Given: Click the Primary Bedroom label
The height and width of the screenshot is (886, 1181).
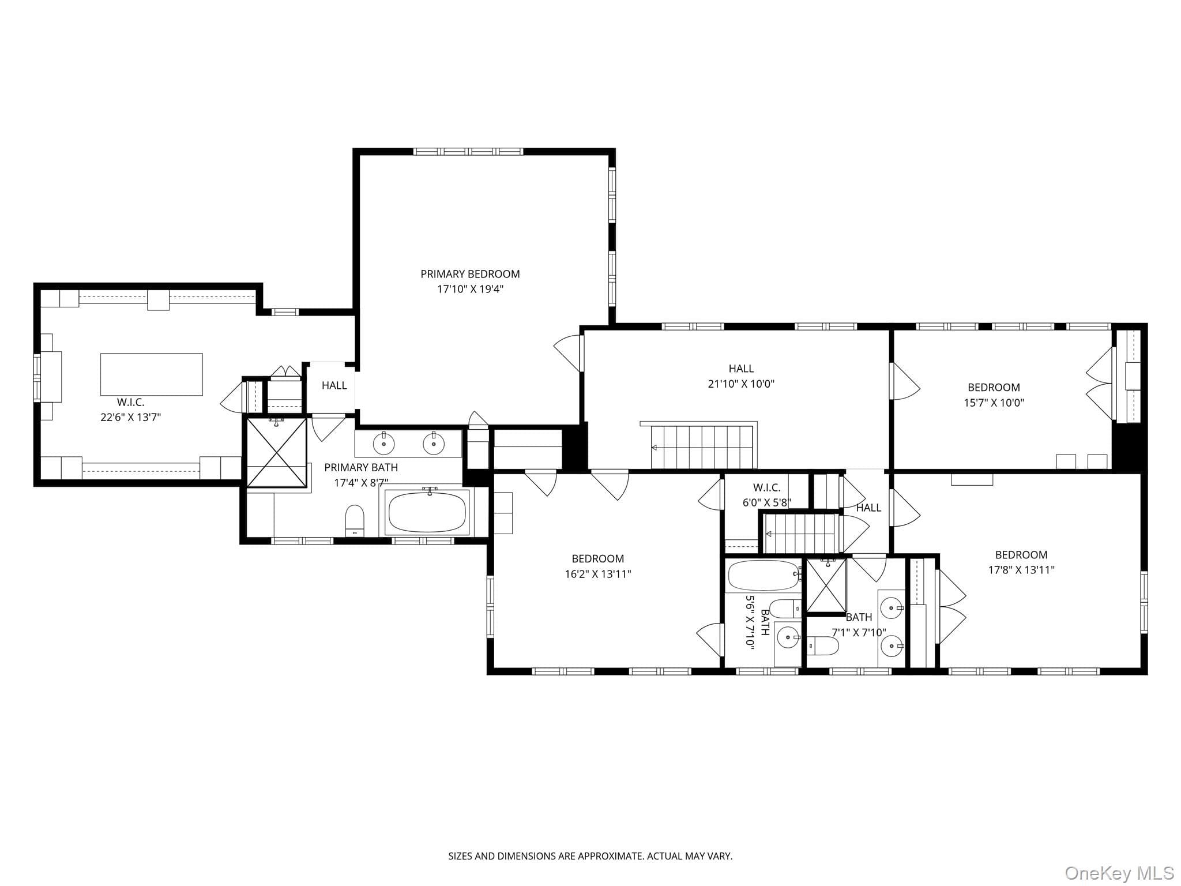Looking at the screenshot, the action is [470, 274].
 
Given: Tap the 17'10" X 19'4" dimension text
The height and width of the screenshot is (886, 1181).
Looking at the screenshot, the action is [470, 289].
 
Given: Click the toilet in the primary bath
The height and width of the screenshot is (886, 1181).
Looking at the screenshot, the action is [355, 520].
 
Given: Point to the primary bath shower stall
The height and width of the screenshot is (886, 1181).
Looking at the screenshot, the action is [276, 453].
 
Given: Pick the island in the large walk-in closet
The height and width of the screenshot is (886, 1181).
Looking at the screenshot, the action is [152, 374].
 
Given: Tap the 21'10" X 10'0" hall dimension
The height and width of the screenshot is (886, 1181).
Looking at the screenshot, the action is [741, 384].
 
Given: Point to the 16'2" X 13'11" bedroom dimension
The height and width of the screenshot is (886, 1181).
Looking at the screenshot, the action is [598, 574].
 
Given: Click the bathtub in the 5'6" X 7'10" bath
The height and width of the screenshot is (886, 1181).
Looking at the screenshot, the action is [764, 575].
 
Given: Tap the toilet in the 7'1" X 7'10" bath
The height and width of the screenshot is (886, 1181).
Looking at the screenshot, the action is [822, 646].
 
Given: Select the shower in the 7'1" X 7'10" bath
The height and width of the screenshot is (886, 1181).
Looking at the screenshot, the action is [826, 585].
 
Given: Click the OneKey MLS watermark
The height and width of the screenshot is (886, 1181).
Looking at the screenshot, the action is [1119, 873].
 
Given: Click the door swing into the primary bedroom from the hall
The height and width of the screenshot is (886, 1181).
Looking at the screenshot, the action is [567, 353].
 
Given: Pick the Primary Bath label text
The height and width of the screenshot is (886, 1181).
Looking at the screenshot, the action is [361, 467].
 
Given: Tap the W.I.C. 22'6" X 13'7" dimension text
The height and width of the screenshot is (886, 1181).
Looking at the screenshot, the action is [130, 417].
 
